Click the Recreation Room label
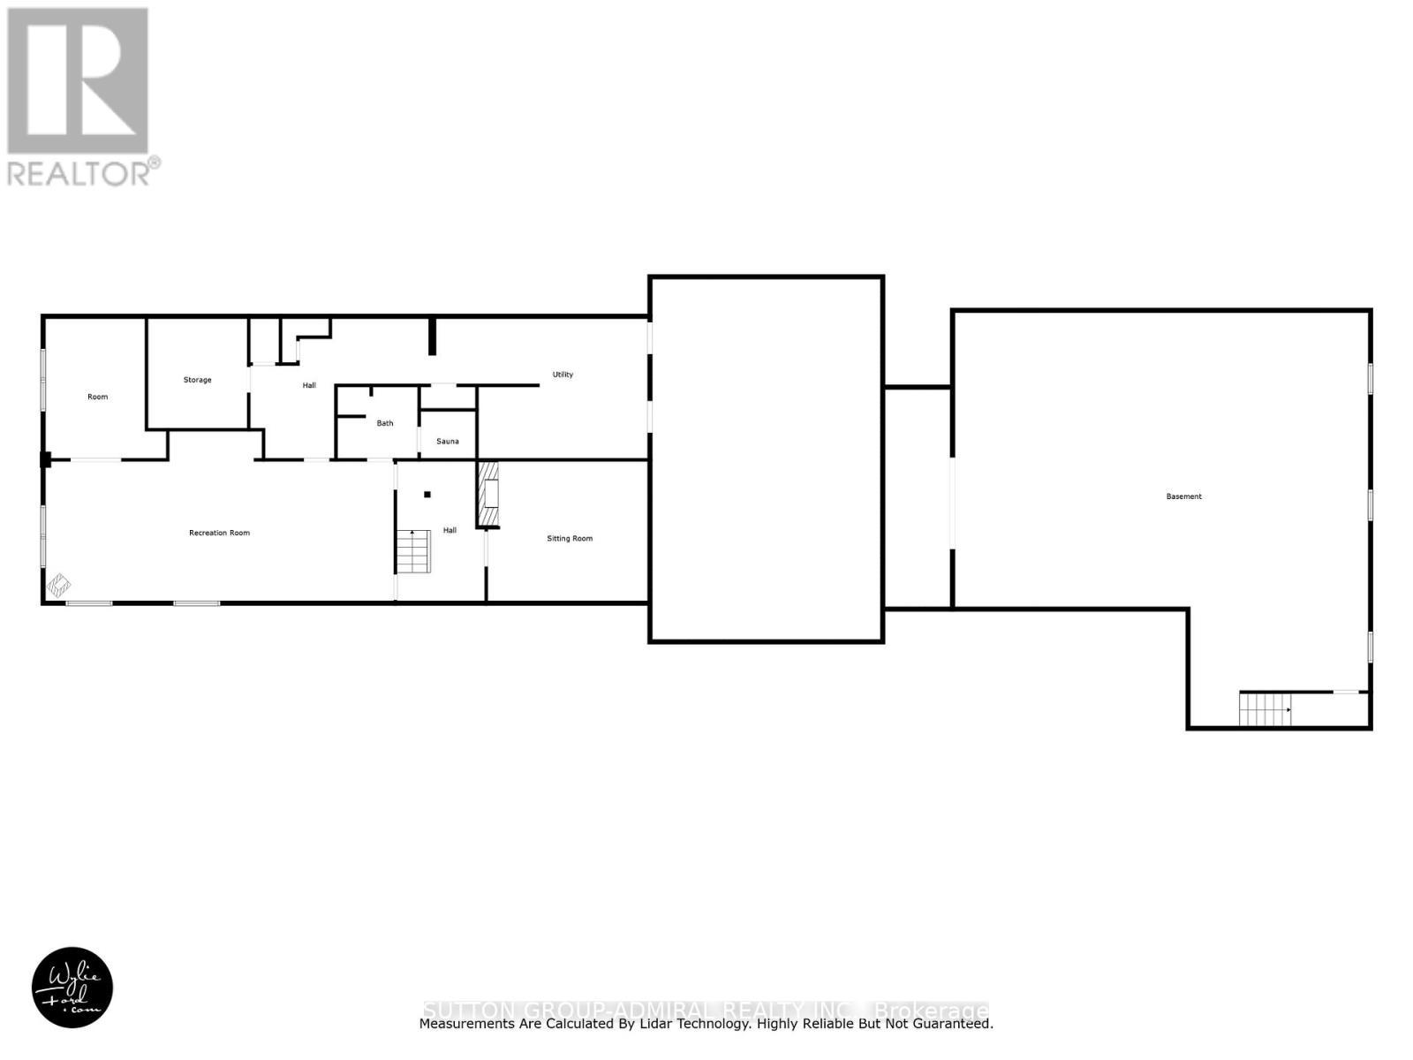click(219, 533)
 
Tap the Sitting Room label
click(570, 538)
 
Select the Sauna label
click(448, 441)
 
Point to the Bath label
click(385, 423)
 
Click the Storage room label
click(197, 380)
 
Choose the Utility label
click(563, 375)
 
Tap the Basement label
click(1183, 496)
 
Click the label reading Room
click(97, 397)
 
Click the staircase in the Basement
click(1265, 709)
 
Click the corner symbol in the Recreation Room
click(59, 585)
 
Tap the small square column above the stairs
click(427, 495)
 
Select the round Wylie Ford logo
click(72, 988)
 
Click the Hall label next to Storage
click(309, 385)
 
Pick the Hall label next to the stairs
click(450, 530)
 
